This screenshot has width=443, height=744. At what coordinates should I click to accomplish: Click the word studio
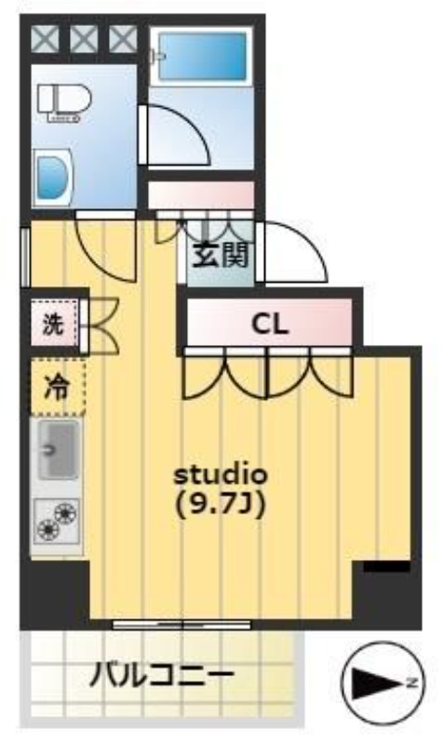click(x=222, y=473)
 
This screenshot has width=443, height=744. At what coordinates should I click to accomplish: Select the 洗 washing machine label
click(x=51, y=326)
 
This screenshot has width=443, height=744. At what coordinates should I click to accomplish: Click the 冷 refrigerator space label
click(x=57, y=382)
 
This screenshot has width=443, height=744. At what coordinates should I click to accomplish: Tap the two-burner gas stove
click(x=58, y=522)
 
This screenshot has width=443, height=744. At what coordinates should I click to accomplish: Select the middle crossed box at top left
click(x=85, y=38)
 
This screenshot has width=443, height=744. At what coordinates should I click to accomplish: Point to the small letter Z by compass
click(x=408, y=684)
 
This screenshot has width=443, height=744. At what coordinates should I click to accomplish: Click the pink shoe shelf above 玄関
click(x=201, y=196)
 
